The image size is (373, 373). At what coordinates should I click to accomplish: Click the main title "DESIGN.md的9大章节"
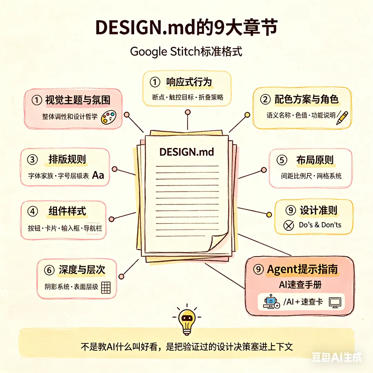click(x=186, y=28)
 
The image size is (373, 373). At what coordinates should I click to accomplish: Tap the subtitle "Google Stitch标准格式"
click(x=186, y=52)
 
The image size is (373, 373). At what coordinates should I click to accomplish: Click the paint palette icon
click(x=108, y=117)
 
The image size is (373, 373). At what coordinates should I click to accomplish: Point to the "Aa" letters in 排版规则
click(x=98, y=175)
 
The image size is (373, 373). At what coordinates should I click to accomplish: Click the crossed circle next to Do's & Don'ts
click(x=288, y=226)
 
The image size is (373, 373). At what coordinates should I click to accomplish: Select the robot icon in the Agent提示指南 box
click(x=271, y=302)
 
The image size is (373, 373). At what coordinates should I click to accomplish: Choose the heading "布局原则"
click(x=315, y=160)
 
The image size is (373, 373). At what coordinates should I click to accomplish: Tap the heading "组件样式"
click(x=67, y=211)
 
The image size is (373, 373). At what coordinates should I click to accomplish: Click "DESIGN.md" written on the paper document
click(x=186, y=152)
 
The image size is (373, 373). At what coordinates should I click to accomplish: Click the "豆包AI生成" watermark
click(x=336, y=357)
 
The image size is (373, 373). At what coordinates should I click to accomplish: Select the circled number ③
click(x=32, y=160)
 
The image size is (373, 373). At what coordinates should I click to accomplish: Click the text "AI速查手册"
click(x=300, y=285)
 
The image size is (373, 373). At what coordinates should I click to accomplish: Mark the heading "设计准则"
click(x=318, y=210)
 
